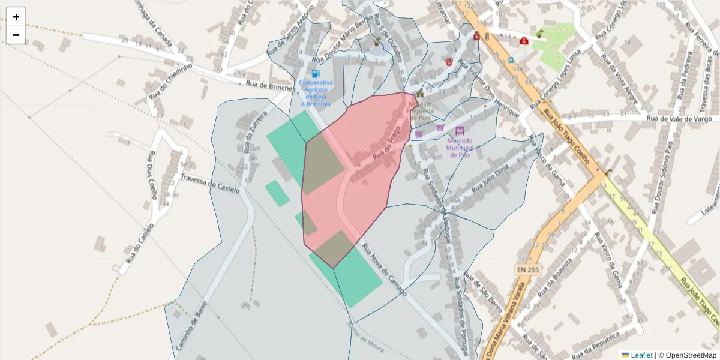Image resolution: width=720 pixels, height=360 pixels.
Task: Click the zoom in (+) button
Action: click(x=16, y=17)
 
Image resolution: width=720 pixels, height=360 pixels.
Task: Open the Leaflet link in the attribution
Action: click(x=641, y=355)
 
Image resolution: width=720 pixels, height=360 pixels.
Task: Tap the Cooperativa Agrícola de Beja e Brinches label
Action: click(x=316, y=93)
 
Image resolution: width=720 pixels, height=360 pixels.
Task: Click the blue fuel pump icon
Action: click(x=316, y=73)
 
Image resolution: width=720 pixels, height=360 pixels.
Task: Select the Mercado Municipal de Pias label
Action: click(x=460, y=148)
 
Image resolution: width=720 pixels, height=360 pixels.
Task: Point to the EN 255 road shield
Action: click(x=528, y=270)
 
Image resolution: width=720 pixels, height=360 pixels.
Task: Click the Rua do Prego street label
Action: click(x=386, y=146)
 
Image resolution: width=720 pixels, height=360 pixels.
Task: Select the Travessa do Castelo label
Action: click(x=210, y=184)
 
